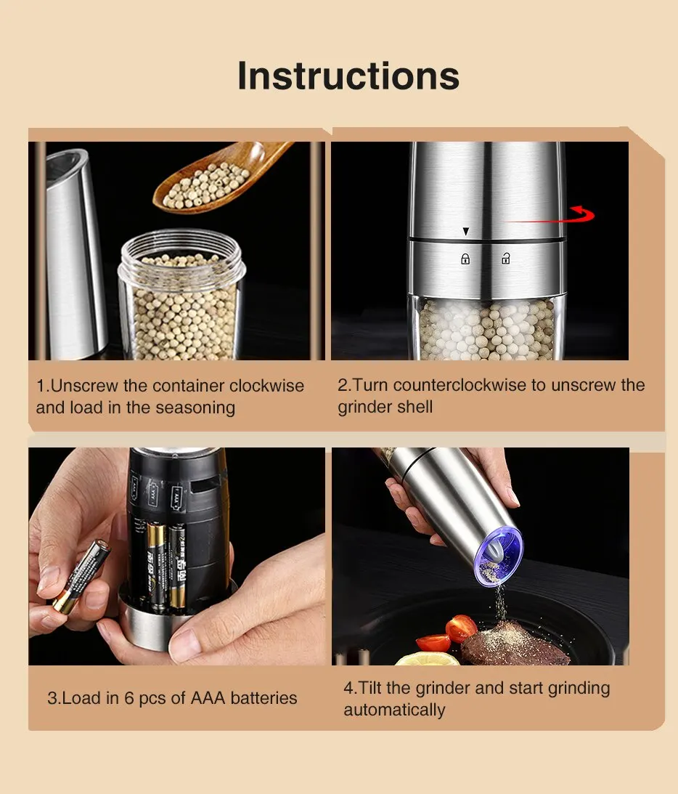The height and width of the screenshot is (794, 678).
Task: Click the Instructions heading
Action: click(348, 76)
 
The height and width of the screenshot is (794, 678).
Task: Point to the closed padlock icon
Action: click(465, 259)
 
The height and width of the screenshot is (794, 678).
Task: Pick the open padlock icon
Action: click(505, 259)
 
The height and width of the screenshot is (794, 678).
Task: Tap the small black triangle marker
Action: click(466, 232)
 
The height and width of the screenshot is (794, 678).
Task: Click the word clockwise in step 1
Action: click(266, 386)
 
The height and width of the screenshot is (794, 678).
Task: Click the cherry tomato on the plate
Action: click(460, 628)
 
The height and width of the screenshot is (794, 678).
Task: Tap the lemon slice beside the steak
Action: click(428, 659)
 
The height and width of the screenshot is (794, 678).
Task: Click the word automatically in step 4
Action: click(395, 710)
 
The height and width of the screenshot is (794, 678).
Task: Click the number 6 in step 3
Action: click(129, 698)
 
